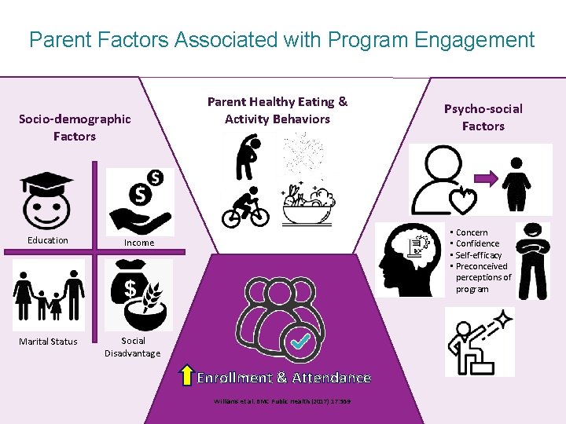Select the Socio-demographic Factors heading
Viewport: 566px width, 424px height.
click(75, 127)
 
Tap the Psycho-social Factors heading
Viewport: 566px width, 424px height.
click(483, 117)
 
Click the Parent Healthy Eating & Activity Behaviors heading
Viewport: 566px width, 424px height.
click(277, 110)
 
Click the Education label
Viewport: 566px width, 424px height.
click(48, 240)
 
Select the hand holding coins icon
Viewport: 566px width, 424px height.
click(139, 201)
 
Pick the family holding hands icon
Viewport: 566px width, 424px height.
click(49, 294)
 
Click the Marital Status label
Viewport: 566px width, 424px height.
click(48, 342)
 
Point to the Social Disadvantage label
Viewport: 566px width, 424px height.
click(133, 347)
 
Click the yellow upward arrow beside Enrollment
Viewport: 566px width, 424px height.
click(186, 376)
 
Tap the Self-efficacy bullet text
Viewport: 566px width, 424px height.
click(478, 255)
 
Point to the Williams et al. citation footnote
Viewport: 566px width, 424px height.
click(282, 401)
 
